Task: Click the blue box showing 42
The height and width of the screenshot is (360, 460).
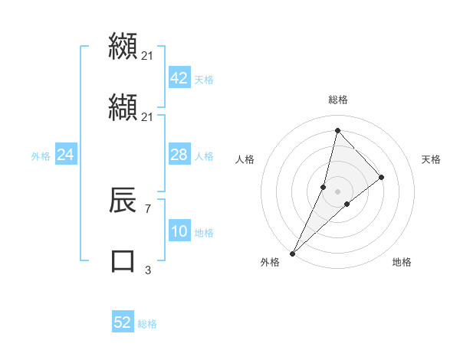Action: tap(179, 78)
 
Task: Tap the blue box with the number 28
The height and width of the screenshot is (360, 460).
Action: tap(179, 155)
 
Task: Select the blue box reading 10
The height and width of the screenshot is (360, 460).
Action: tap(179, 231)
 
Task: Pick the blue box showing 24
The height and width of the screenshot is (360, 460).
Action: tap(65, 155)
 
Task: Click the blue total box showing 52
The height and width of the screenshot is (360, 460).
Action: tap(123, 322)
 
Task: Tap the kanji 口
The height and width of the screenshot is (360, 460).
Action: tap(123, 260)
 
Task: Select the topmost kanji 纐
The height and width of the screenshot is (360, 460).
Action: tap(123, 46)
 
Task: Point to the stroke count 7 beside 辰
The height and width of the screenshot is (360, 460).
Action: tap(147, 208)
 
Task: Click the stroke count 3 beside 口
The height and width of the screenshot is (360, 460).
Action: tap(147, 269)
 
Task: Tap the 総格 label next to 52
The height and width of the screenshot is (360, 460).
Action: tap(147, 324)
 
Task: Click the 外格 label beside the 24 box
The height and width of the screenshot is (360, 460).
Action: tap(41, 156)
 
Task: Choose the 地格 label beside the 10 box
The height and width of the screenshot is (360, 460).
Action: tap(204, 233)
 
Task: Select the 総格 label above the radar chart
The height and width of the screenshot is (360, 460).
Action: tap(338, 100)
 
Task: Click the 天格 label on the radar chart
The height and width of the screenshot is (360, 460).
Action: tap(432, 159)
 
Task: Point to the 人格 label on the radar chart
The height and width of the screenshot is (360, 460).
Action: tap(245, 159)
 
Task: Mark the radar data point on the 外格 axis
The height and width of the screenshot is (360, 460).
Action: tap(292, 253)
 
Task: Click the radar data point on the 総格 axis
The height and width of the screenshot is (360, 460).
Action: tap(337, 130)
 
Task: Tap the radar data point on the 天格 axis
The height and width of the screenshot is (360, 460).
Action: tap(381, 177)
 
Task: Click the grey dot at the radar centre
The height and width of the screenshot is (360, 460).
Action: tap(337, 191)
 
